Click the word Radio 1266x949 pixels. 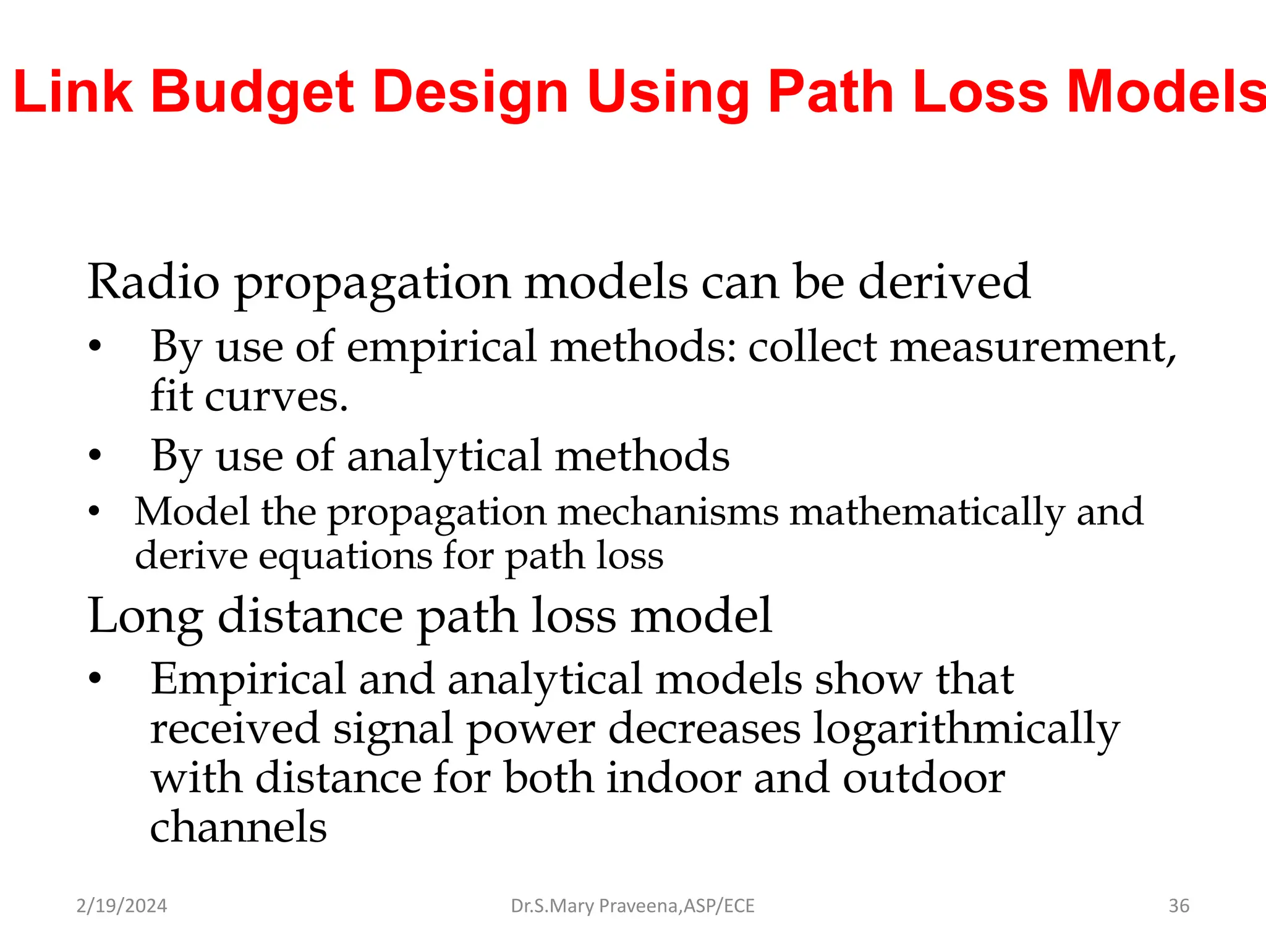pyautogui.click(x=153, y=282)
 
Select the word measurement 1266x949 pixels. pyautogui.click(x=1032, y=347)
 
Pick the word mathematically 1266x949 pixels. pyautogui.click(x=927, y=513)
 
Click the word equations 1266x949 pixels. pyautogui.click(x=345, y=556)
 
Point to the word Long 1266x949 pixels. pyautogui.click(x=145, y=617)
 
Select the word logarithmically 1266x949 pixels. pyautogui.click(x=966, y=729)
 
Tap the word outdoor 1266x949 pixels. pyautogui.click(x=924, y=778)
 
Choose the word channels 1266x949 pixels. pyautogui.click(x=239, y=827)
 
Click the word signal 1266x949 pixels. pyautogui.click(x=393, y=729)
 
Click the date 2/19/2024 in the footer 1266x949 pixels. pyautogui.click(x=122, y=906)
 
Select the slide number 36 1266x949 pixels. pyautogui.click(x=1179, y=906)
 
